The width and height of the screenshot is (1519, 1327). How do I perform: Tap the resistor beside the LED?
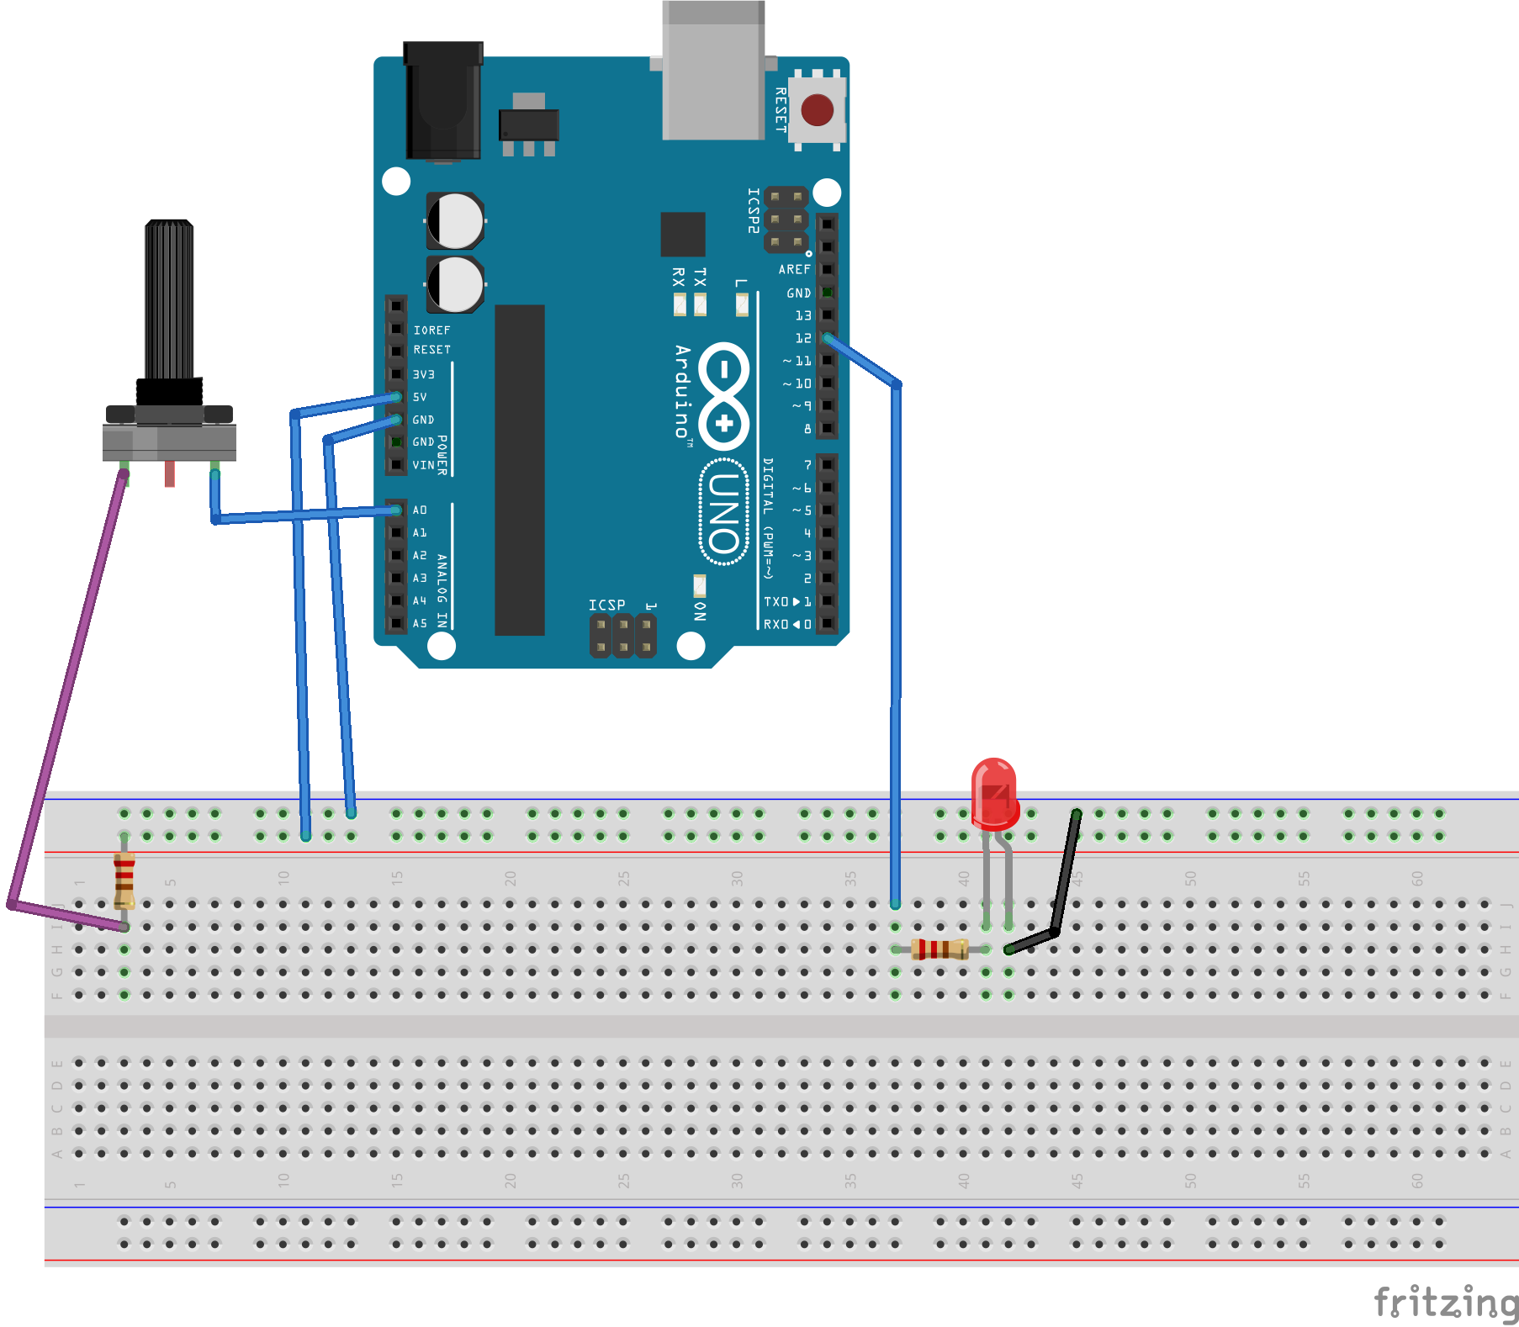click(940, 949)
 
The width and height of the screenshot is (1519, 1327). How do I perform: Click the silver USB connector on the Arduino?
click(713, 71)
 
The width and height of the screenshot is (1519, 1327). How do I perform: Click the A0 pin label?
click(420, 510)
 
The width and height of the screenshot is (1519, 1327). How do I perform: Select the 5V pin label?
click(420, 397)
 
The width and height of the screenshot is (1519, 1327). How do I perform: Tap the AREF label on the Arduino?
click(794, 270)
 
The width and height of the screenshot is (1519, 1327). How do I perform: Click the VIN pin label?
click(423, 465)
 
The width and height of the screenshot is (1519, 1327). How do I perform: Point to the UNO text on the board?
click(723, 512)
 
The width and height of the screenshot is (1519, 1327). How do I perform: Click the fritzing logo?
click(1445, 1303)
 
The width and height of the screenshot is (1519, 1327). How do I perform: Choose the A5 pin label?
click(420, 624)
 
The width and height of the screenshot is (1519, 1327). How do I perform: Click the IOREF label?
click(431, 330)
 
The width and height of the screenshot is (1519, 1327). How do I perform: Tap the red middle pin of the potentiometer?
click(170, 473)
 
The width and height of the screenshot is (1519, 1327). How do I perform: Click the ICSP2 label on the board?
click(754, 210)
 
